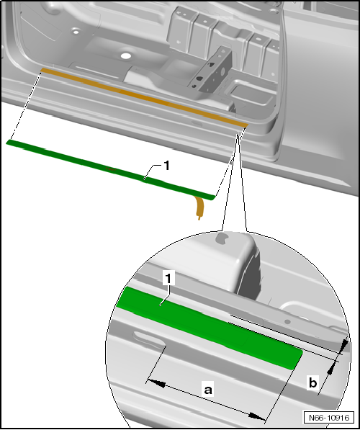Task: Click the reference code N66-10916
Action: coord(329,418)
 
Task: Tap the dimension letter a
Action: coord(208,390)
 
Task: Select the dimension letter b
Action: coord(312,382)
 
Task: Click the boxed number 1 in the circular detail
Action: coord(168,278)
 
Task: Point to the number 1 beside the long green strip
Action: coord(166,166)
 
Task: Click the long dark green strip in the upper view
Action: coord(109,169)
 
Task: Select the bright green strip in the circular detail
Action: coord(210,328)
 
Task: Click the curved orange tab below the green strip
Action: coord(200,207)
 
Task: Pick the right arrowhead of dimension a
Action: coord(257,416)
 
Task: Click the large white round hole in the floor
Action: coord(126,56)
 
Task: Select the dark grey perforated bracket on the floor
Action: coord(211,70)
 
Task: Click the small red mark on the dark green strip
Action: coord(111,169)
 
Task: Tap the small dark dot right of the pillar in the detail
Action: coord(287,321)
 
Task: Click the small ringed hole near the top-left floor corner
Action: coord(76,32)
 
